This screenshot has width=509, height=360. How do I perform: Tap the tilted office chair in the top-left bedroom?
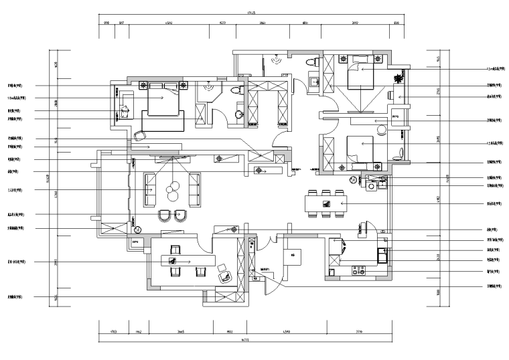click(139, 136)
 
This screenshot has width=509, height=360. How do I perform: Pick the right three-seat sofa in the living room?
click(195, 189)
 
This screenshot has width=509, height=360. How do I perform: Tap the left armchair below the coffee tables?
click(163, 215)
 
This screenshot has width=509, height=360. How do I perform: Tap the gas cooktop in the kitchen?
click(359, 271)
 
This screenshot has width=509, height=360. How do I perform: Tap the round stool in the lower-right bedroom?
click(352, 181)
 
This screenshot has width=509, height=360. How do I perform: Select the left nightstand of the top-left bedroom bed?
click(143, 86)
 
